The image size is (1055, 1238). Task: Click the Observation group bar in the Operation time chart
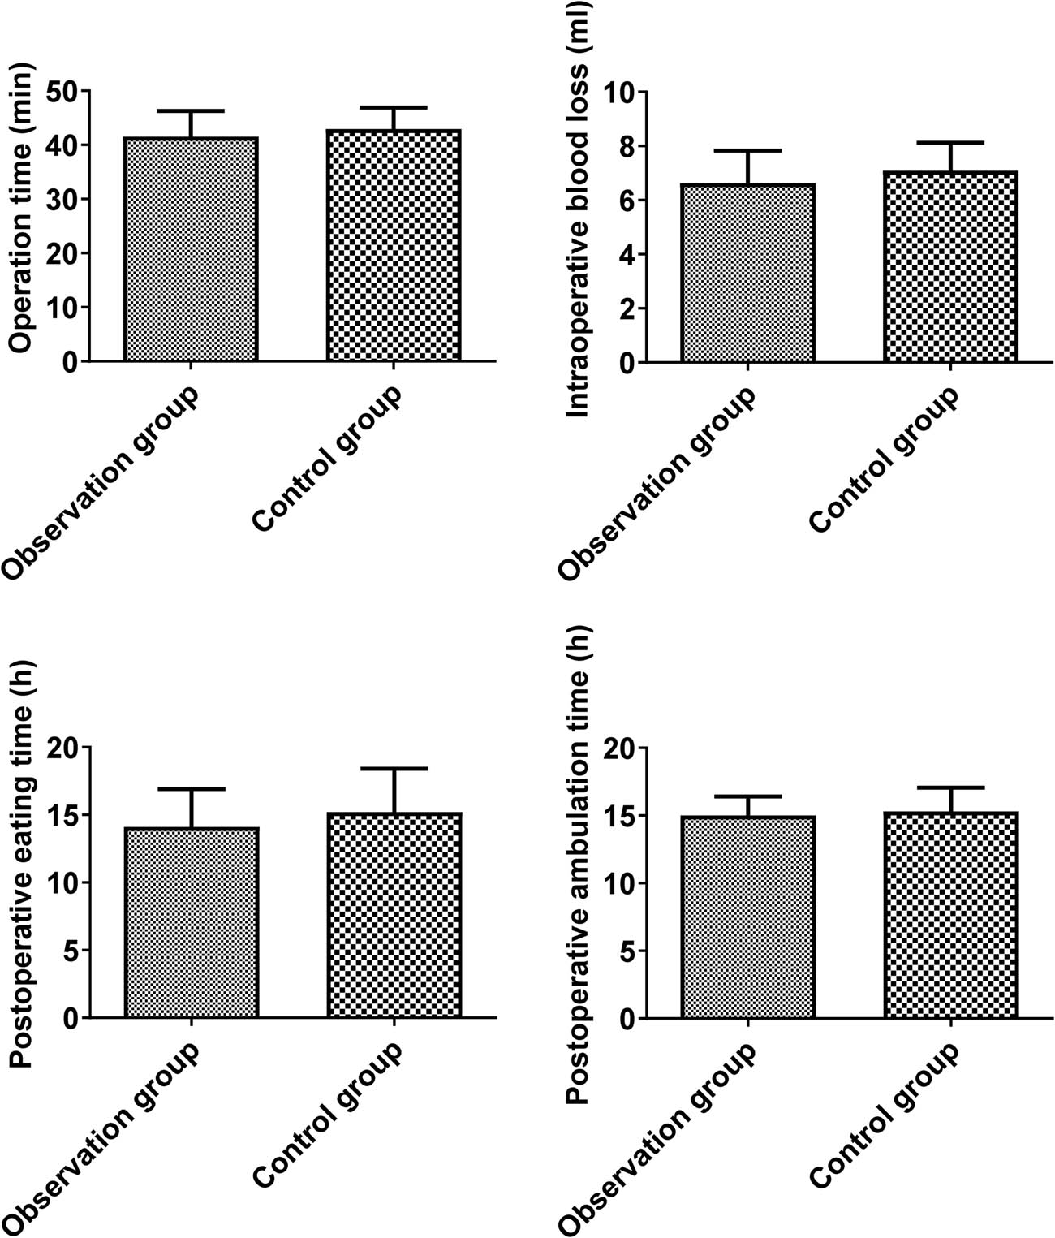pyautogui.click(x=191, y=249)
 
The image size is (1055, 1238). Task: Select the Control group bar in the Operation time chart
pyautogui.click(x=394, y=245)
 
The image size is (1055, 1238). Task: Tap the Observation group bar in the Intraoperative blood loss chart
pyautogui.click(x=747, y=273)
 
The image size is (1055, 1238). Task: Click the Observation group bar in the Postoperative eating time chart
pyautogui.click(x=191, y=923)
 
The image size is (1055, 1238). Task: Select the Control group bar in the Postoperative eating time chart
pyautogui.click(x=394, y=915)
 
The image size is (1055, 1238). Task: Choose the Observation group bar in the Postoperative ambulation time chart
pyautogui.click(x=747, y=917)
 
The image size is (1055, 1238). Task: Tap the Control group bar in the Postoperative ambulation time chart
pyautogui.click(x=950, y=915)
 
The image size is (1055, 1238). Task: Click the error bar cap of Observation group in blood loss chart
pyautogui.click(x=747, y=150)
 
